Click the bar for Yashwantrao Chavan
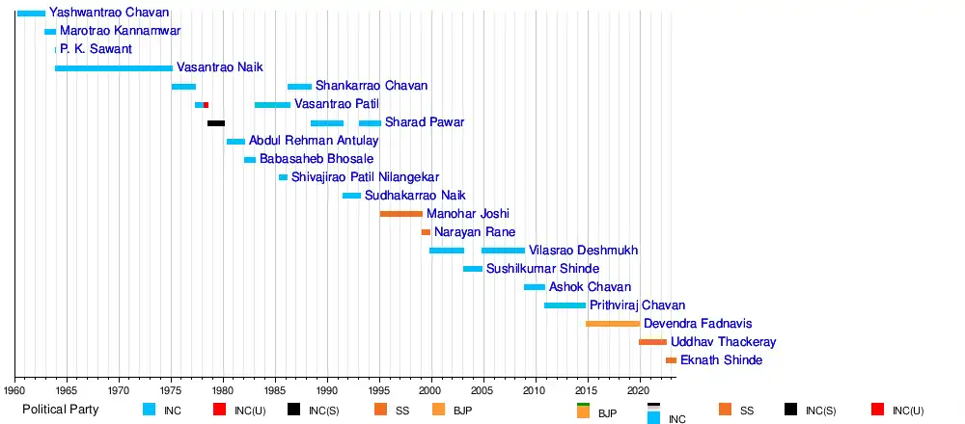[31, 13]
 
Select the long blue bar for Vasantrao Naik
[114, 68]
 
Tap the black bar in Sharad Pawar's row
[216, 123]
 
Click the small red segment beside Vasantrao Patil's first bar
[206, 105]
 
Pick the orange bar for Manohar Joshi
[401, 214]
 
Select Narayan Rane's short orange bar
[426, 232]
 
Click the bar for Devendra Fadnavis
[613, 324]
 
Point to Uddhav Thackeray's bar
[652, 342]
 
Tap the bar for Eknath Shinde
[671, 360]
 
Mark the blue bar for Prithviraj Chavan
[565, 305]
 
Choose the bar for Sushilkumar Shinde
[473, 269]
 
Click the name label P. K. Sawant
[96, 49]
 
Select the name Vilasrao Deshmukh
[583, 251]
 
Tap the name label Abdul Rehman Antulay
[314, 141]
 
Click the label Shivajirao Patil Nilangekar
[365, 177]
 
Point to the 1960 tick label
[15, 391]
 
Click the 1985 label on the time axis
[276, 391]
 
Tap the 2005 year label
[482, 391]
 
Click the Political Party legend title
[60, 411]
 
